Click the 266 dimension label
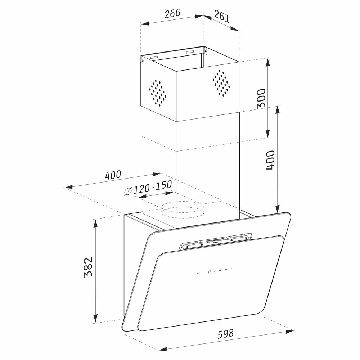(x=172, y=14)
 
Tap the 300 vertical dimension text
(x=261, y=98)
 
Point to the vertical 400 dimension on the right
(x=270, y=160)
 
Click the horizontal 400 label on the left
(x=113, y=175)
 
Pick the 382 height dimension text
(x=88, y=267)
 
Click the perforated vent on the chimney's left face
(x=158, y=93)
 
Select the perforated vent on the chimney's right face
(x=221, y=83)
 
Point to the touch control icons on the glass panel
(x=215, y=271)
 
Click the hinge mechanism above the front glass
(x=215, y=242)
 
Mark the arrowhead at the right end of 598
(x=290, y=332)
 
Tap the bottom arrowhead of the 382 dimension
(x=95, y=319)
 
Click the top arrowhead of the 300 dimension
(x=268, y=62)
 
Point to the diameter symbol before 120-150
(x=128, y=191)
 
